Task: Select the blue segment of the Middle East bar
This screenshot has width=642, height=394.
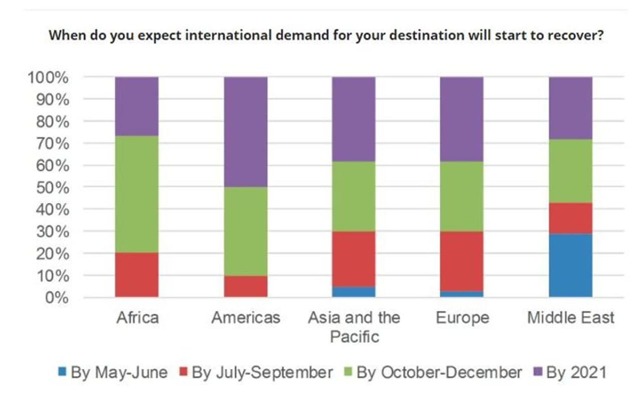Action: (x=570, y=265)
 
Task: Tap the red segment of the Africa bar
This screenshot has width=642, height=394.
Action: (x=137, y=275)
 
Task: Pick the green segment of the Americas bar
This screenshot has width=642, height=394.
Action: (x=245, y=231)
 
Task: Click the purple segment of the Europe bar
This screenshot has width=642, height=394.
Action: (x=461, y=119)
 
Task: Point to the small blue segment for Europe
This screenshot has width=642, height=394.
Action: (x=461, y=294)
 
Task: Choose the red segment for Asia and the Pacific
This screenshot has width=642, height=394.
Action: (x=354, y=259)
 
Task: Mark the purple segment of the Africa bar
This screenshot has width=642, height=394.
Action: (x=137, y=106)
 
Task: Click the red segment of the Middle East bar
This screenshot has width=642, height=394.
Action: (x=570, y=218)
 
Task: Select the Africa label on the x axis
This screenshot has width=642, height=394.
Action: (x=137, y=318)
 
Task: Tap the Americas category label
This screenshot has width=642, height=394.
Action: (x=246, y=318)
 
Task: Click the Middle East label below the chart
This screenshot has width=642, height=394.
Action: (x=570, y=318)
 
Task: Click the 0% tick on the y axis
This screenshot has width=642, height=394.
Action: (x=56, y=298)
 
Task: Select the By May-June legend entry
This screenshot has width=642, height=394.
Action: (x=112, y=372)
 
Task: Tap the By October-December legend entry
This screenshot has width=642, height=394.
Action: (x=434, y=372)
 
